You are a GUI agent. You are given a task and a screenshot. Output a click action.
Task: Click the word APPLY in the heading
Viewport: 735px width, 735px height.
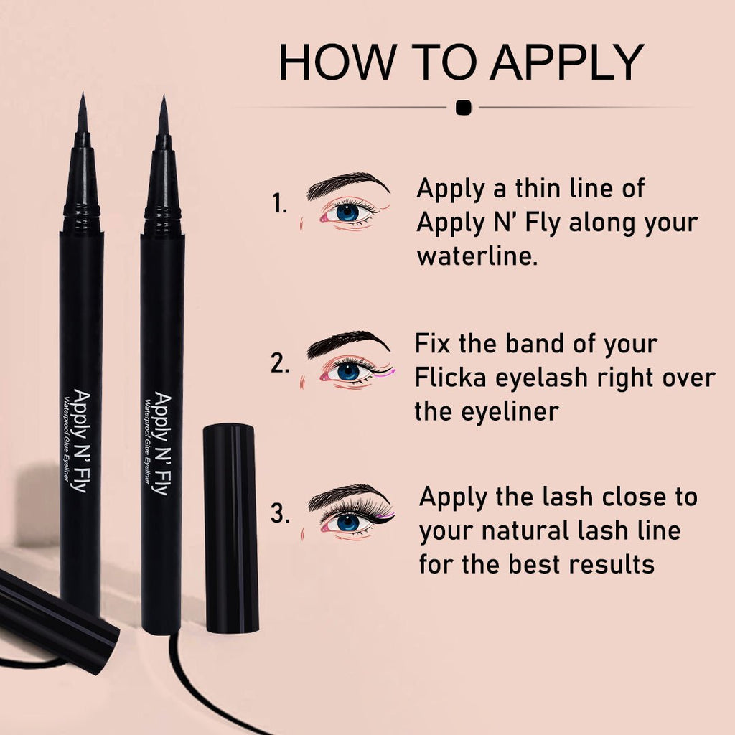tap(566, 62)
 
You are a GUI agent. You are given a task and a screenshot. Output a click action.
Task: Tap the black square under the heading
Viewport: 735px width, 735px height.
tap(464, 108)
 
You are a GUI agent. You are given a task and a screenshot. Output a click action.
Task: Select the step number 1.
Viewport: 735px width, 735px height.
tap(279, 204)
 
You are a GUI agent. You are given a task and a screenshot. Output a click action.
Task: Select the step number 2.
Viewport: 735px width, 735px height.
tap(280, 363)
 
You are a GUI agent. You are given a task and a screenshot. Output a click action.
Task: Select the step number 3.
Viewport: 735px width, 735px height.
tap(280, 514)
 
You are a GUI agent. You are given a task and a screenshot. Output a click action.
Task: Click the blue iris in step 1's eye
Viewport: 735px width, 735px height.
tap(347, 212)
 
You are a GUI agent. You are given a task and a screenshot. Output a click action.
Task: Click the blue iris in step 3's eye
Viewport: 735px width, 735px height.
tap(348, 523)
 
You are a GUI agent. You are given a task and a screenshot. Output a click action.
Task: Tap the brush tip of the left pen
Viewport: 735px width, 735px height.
tap(82, 115)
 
